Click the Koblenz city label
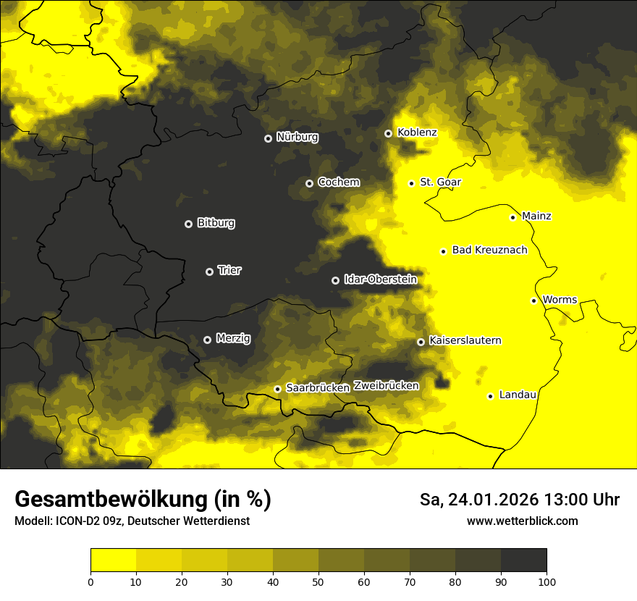pos(417,133)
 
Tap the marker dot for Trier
pos(210,272)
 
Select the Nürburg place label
pos(297,137)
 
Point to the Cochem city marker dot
pos(309,183)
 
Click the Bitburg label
pos(216,223)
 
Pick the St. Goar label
pos(440,182)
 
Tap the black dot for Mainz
pos(512,217)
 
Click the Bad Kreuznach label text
pos(489,250)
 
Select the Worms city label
pos(560,299)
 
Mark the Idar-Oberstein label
pos(380,279)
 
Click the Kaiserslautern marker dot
pos(421,342)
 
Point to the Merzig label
pos(233,338)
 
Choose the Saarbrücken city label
pos(318,387)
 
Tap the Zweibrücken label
pos(386,385)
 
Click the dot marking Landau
pos(490,396)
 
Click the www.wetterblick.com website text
pos(522,521)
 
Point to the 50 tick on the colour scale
pos(318,581)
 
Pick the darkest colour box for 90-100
pos(523,560)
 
